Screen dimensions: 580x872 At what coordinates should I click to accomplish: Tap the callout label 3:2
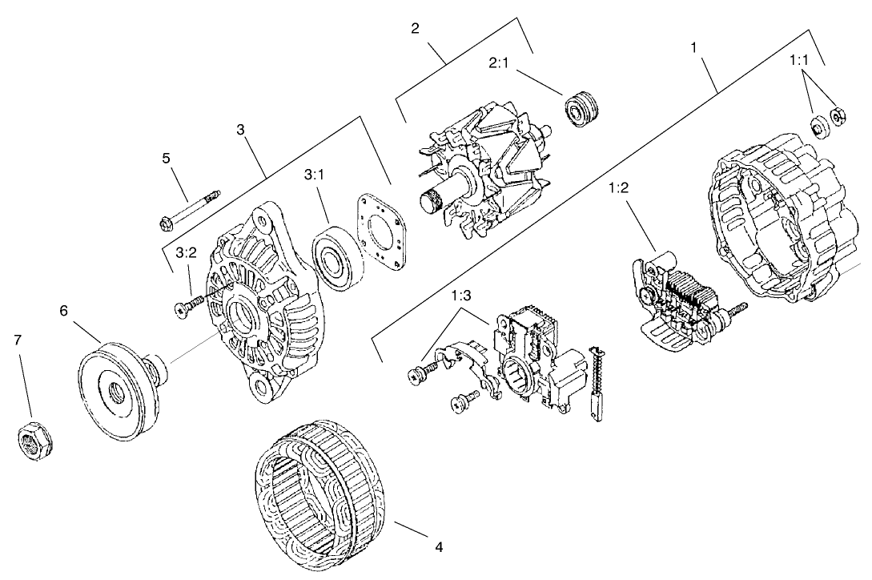point(186,253)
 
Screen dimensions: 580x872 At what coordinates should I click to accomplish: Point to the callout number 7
point(18,340)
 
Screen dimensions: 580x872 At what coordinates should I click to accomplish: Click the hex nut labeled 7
point(34,441)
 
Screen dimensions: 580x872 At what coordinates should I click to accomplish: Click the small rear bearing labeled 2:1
point(582,111)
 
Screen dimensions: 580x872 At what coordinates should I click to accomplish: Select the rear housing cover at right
point(781,224)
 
